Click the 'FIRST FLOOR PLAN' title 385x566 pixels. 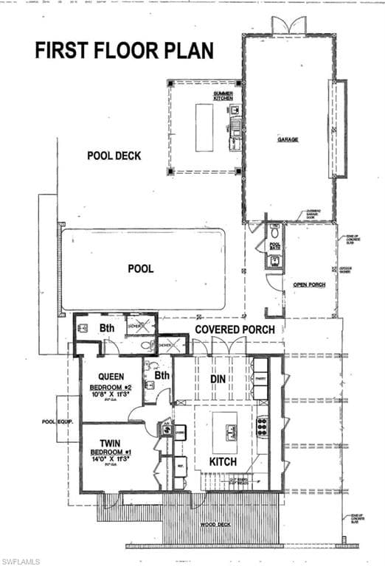pos(125,50)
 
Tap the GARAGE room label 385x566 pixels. pos(288,139)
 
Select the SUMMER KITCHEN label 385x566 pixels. pos(223,97)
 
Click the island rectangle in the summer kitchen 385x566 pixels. pos(204,127)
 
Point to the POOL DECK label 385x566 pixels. pos(114,156)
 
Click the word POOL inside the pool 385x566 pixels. pos(141,269)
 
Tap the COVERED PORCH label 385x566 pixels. pos(235,329)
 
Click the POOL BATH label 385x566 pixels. pos(275,248)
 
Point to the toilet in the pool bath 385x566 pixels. pos(274,231)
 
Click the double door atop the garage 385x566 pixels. pos(288,24)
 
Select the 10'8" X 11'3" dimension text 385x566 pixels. pos(111,394)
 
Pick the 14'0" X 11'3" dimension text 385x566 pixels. pos(110,458)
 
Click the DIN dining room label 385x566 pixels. pos(217,379)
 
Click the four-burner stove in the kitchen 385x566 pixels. pos(261,427)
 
